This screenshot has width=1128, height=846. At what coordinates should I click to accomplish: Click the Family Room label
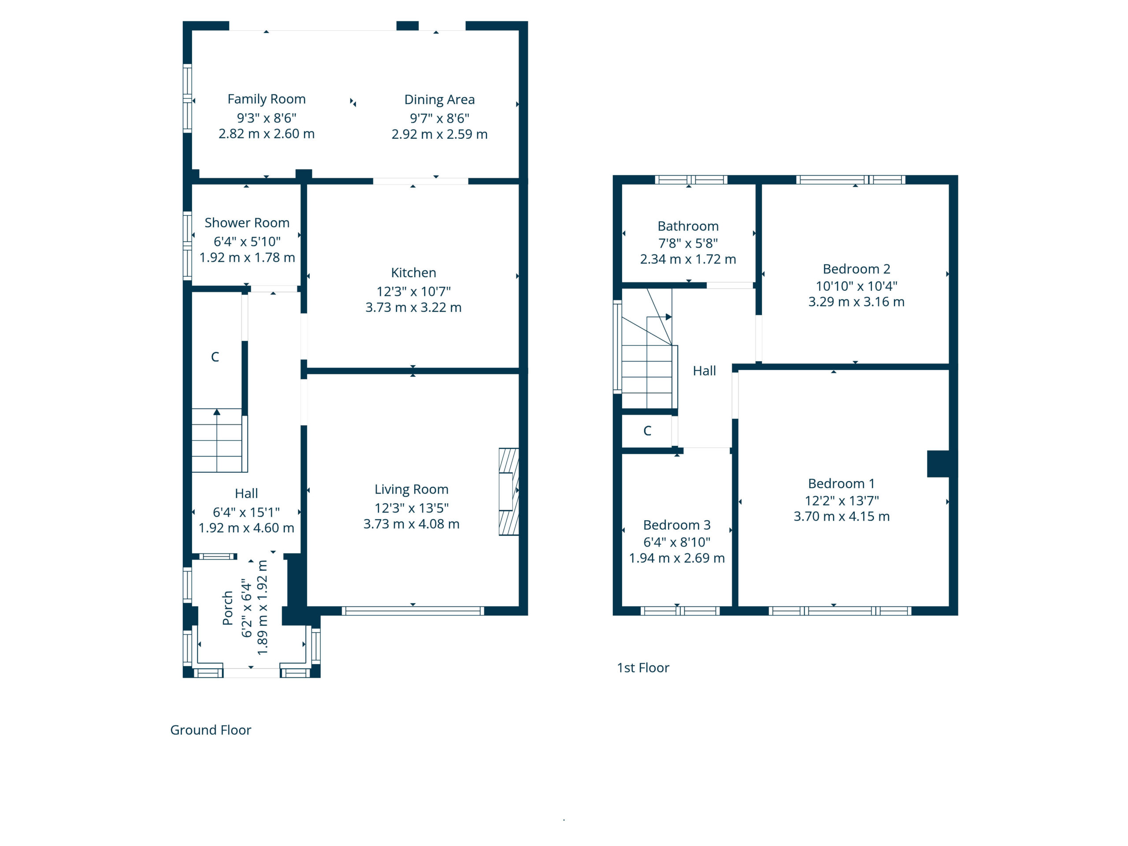tap(266, 99)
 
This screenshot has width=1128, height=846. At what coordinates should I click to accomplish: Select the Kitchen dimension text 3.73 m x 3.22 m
tap(413, 308)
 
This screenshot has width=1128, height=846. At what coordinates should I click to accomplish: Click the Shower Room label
tap(247, 223)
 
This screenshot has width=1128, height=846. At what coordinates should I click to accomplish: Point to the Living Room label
tap(412, 490)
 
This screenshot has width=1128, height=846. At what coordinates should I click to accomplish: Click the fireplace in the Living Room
tap(508, 492)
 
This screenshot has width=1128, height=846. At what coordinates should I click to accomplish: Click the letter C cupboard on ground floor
tap(215, 357)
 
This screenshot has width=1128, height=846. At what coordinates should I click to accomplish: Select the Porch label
tap(227, 608)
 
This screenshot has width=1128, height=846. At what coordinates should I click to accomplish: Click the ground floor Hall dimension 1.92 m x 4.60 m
tap(246, 528)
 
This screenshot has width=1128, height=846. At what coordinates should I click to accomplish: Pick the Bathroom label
tap(688, 226)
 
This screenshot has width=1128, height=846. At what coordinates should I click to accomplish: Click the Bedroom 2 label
tap(856, 269)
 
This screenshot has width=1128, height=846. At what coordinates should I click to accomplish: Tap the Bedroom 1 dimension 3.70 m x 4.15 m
tap(842, 516)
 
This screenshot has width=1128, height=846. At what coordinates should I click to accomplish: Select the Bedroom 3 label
tap(677, 525)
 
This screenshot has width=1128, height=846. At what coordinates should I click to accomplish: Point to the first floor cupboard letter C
tap(647, 431)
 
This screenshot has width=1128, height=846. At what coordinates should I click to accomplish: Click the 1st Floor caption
tap(643, 668)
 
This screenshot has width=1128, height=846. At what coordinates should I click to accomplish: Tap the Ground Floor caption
tap(211, 730)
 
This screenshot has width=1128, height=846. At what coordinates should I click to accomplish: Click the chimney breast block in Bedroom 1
tap(938, 464)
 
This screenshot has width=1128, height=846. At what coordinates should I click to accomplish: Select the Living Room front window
tap(412, 610)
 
